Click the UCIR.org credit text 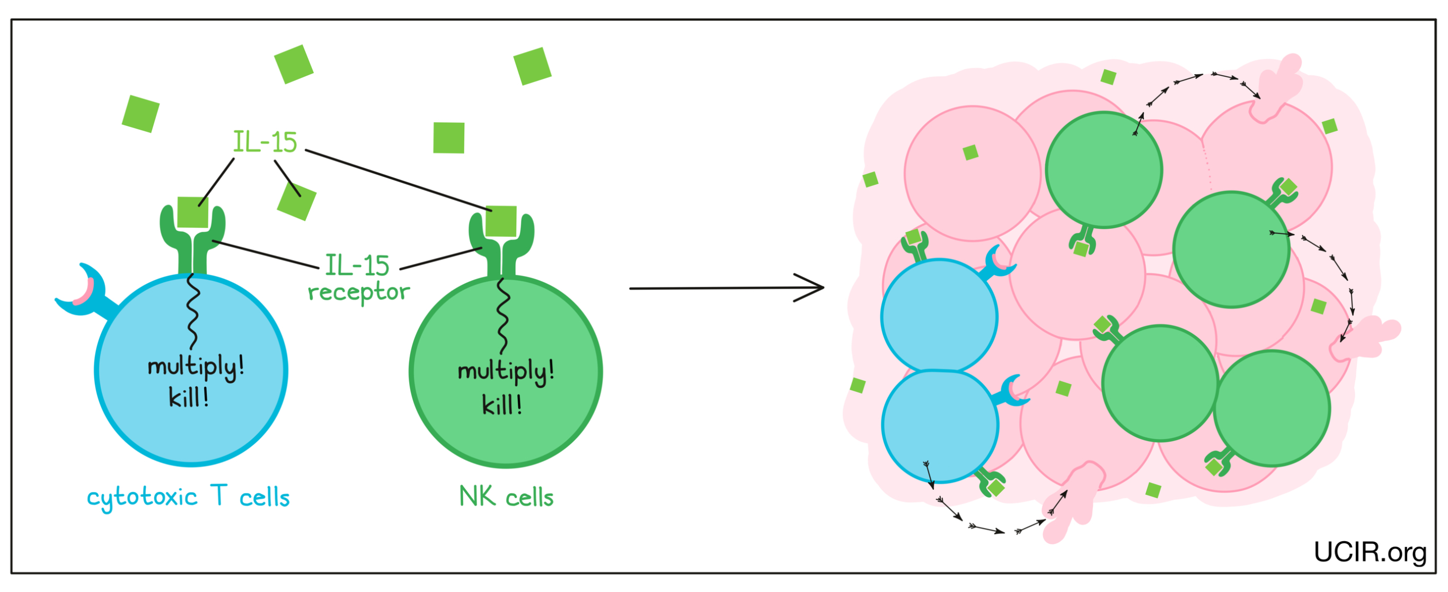point(1370,553)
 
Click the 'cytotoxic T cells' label point(188,497)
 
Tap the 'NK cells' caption point(506,497)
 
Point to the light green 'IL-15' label point(265,141)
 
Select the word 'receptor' point(359,292)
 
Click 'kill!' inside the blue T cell point(189,398)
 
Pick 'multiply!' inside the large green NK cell point(506,371)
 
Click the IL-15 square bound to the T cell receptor point(192,212)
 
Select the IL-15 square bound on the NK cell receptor point(501,221)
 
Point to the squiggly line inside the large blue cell point(193,312)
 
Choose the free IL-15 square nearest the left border point(140,113)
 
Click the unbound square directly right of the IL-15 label point(448,138)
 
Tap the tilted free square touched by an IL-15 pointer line point(297,201)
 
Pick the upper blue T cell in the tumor point(939,316)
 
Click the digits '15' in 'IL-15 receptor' point(373,265)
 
